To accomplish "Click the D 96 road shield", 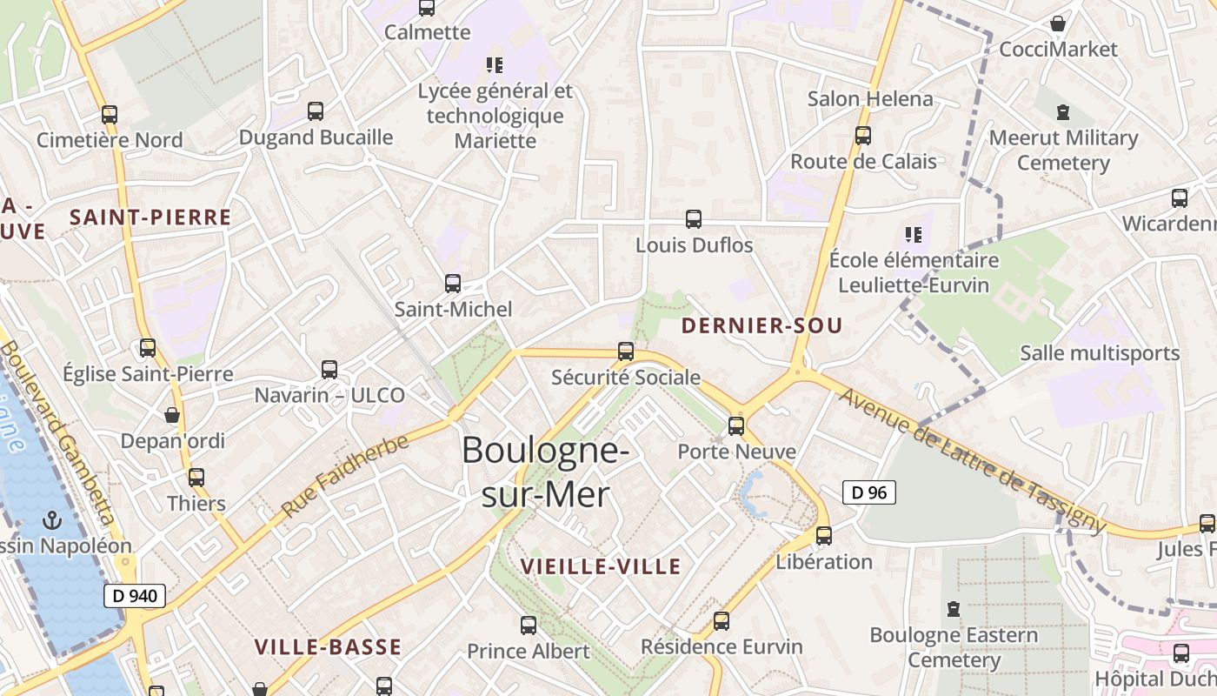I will [x=868, y=492].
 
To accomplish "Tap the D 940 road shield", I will [x=135, y=595].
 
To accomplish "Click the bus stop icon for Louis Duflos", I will [x=694, y=219].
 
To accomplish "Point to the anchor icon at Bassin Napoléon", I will [x=53, y=520].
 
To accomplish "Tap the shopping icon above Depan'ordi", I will [x=172, y=415].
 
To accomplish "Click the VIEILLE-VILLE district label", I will [x=601, y=566].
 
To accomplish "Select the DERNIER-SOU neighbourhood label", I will [x=761, y=325].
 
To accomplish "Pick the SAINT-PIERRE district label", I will [x=150, y=217].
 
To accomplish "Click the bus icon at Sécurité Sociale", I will [x=625, y=351].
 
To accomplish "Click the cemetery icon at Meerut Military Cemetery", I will [x=1063, y=112].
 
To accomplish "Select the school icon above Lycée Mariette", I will [x=495, y=64].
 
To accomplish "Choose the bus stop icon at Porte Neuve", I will [x=736, y=425].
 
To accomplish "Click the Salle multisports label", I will [x=1100, y=352].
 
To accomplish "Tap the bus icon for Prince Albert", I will [x=528, y=625].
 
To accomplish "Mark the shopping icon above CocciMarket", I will [x=1058, y=23].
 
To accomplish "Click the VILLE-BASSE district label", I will [x=328, y=646].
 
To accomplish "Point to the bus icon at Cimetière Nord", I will [x=110, y=114].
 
